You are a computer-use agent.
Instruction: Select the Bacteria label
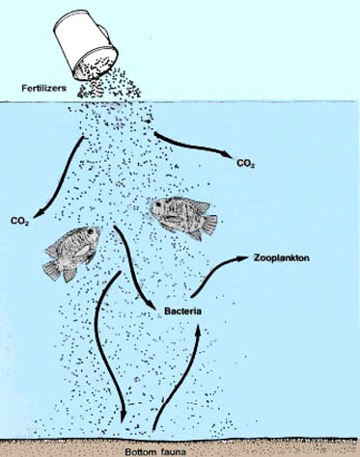[x=183, y=311]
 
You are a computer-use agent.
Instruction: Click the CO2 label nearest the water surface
[x=245, y=163]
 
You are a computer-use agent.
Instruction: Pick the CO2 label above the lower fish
[x=19, y=222]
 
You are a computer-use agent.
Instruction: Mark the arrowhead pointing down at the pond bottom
[x=124, y=416]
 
